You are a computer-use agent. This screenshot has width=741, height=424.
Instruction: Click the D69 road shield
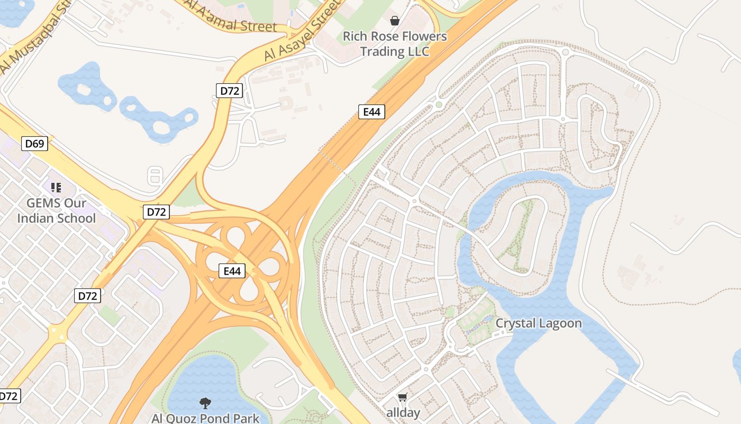coord(34,143)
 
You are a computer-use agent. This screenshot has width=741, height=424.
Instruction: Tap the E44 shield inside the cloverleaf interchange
coord(232,271)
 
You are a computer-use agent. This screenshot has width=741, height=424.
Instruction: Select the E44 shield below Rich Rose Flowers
coord(372,112)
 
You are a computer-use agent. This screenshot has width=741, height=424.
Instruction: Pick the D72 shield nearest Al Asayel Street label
coord(229,91)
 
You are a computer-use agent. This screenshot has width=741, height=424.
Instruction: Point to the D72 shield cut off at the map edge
coord(9,395)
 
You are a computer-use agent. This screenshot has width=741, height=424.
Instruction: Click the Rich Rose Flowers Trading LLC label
coord(394,44)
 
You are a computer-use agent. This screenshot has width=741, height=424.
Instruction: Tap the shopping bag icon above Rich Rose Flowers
coord(394,21)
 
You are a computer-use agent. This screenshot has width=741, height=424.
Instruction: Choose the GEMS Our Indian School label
coord(57,210)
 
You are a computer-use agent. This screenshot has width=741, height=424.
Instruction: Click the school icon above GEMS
coord(56,187)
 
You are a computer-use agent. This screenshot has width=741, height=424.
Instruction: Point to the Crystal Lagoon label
coord(538,323)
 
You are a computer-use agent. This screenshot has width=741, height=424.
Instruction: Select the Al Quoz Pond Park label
coord(205,418)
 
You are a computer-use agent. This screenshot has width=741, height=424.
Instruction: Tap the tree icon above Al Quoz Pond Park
coord(205,403)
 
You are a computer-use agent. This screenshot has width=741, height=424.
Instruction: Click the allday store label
coord(403,413)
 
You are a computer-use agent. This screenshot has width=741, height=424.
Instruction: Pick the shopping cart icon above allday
coord(403,397)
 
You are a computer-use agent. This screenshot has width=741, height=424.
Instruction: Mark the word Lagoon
coord(560,323)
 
